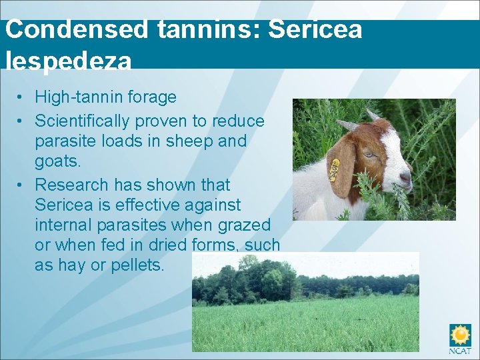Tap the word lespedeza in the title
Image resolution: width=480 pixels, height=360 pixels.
(69, 61)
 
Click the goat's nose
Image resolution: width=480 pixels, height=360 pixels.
(406, 176)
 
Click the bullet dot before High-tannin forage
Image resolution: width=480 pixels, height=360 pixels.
(22, 97)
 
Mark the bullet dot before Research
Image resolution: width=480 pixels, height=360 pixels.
(22, 185)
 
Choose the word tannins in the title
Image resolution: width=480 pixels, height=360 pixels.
(199, 29)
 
